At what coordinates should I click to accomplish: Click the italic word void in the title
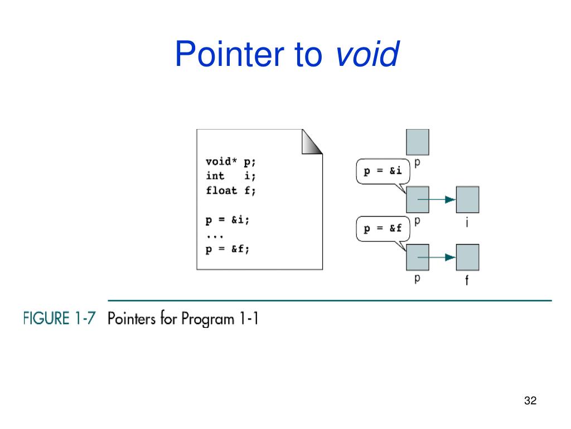click(x=367, y=54)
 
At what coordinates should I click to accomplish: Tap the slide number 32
click(x=530, y=401)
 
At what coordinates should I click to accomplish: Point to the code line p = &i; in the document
click(x=228, y=220)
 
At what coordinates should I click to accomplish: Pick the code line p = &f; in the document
click(x=228, y=249)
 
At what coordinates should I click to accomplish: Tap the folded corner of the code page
click(x=311, y=142)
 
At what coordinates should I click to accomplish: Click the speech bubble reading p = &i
click(x=383, y=172)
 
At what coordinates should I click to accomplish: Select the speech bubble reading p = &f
click(x=383, y=228)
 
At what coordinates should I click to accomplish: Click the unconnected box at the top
click(x=417, y=141)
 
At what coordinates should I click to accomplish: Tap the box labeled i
click(x=467, y=199)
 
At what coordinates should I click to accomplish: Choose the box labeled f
click(x=467, y=258)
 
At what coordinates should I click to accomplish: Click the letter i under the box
click(x=467, y=224)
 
